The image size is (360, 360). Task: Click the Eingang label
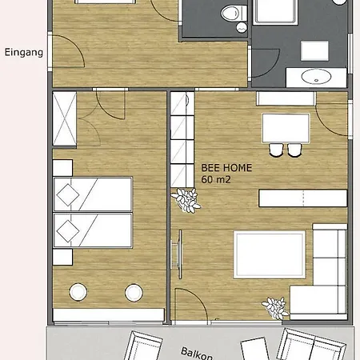pos(24,53)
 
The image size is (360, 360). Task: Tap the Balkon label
pos(197,354)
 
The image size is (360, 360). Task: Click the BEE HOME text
pos(226,168)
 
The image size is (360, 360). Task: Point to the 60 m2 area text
pos(216,179)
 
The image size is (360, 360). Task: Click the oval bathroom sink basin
pos(316,77)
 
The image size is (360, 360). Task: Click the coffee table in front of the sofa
pos(270,254)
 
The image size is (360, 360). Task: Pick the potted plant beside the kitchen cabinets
pos(186,200)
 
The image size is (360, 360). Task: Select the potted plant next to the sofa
pos(275,308)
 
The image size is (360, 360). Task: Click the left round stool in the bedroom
pos(78,292)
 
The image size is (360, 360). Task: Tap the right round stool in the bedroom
pos(134,293)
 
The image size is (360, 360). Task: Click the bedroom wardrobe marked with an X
pos(65,118)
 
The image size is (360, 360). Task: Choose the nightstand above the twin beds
pos(62,168)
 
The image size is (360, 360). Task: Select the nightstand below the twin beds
pos(62,257)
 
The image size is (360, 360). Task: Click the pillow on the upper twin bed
pos(68,195)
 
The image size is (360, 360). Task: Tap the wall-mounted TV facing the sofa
pos(178,254)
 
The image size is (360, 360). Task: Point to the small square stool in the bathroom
pos(314,50)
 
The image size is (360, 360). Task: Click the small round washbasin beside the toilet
pos(242,27)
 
